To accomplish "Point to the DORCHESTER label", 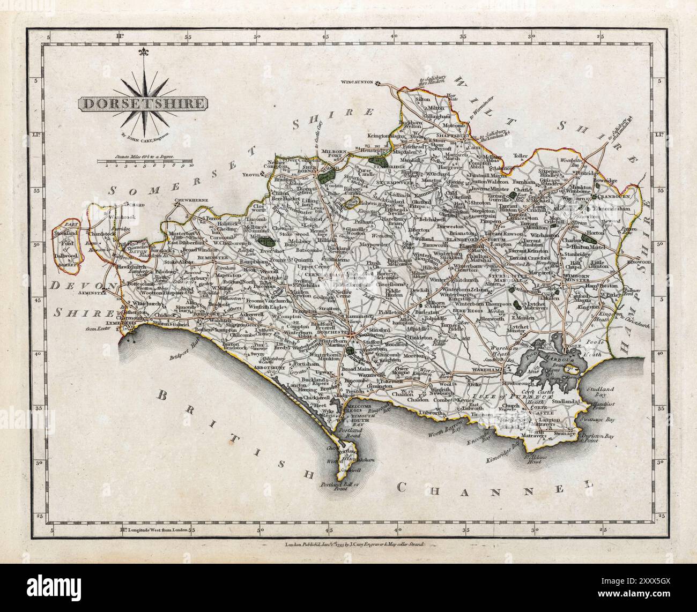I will tap(332, 332).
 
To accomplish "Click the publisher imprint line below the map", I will tap(348, 543).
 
